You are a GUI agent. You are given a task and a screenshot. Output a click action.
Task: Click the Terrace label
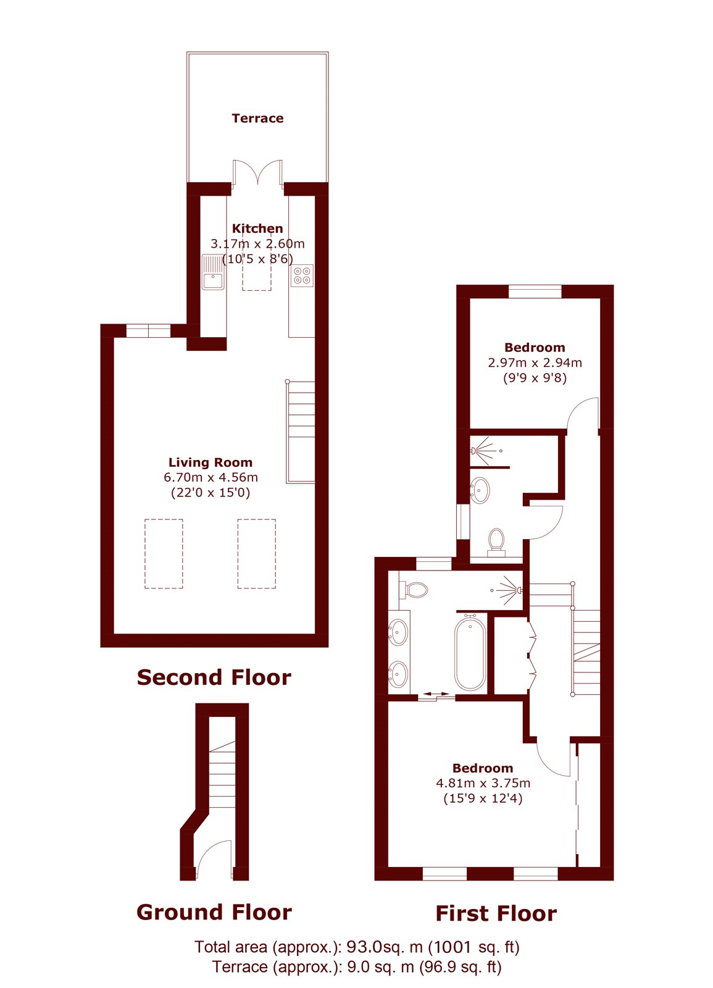257,118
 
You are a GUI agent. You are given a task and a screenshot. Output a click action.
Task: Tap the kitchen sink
214,272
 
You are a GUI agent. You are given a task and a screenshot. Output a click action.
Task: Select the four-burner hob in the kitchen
302,275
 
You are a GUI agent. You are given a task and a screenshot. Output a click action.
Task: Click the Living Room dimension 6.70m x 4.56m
211,477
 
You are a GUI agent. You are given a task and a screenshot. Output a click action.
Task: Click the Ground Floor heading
214,912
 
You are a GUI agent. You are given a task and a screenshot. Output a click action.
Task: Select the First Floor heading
496,913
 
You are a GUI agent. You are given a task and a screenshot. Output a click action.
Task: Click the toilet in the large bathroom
413,590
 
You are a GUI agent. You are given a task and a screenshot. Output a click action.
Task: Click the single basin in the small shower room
480,490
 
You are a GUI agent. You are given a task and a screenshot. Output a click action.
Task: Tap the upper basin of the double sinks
398,632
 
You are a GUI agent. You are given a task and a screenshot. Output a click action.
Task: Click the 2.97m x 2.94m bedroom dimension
535,362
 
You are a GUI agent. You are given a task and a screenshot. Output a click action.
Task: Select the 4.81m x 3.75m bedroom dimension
483,783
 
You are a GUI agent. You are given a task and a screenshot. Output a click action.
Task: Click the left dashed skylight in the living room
164,553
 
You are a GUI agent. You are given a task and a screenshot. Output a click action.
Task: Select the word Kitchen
257,228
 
